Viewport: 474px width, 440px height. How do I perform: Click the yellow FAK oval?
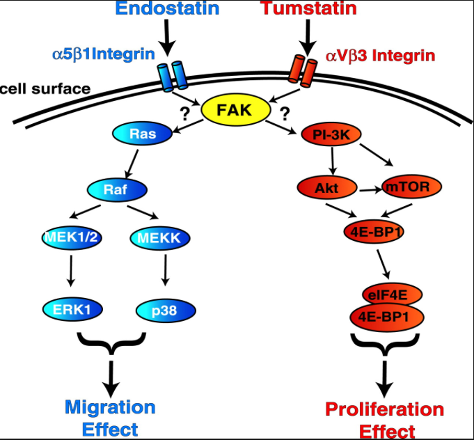[232, 110]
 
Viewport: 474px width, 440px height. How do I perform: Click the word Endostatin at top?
[167, 10]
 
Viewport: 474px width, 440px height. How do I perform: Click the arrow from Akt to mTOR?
[367, 187]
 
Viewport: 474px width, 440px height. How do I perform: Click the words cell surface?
[44, 88]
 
